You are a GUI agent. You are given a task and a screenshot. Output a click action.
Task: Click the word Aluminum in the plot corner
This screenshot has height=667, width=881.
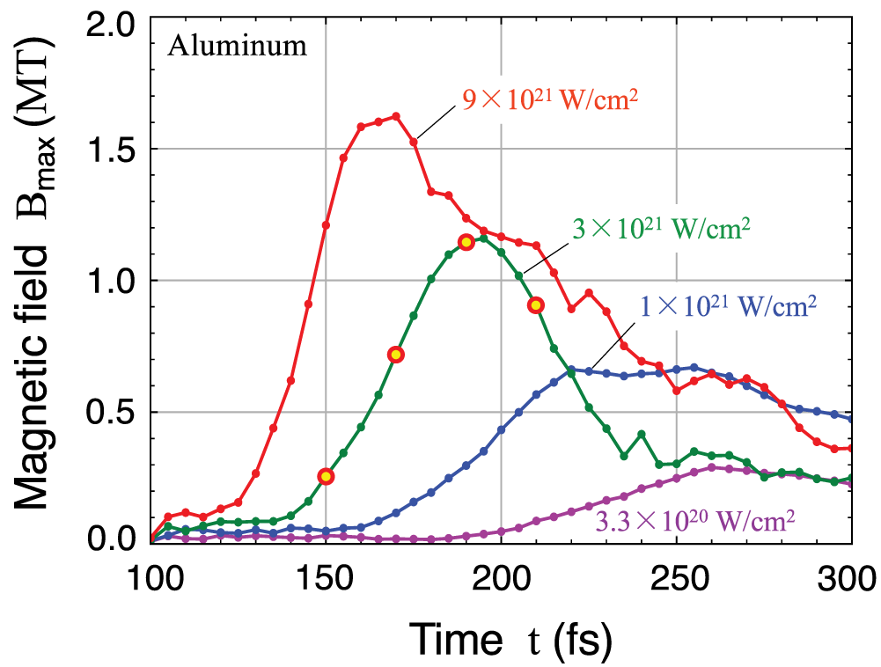239,46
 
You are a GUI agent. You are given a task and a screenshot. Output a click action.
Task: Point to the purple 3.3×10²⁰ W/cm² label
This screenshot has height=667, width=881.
696,519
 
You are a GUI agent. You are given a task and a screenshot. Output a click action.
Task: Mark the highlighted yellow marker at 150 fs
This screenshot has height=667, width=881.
326,476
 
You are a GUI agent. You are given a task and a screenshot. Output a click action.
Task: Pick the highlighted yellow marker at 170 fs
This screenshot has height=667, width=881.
396,355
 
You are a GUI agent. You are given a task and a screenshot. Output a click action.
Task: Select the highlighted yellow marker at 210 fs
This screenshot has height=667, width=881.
536,305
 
